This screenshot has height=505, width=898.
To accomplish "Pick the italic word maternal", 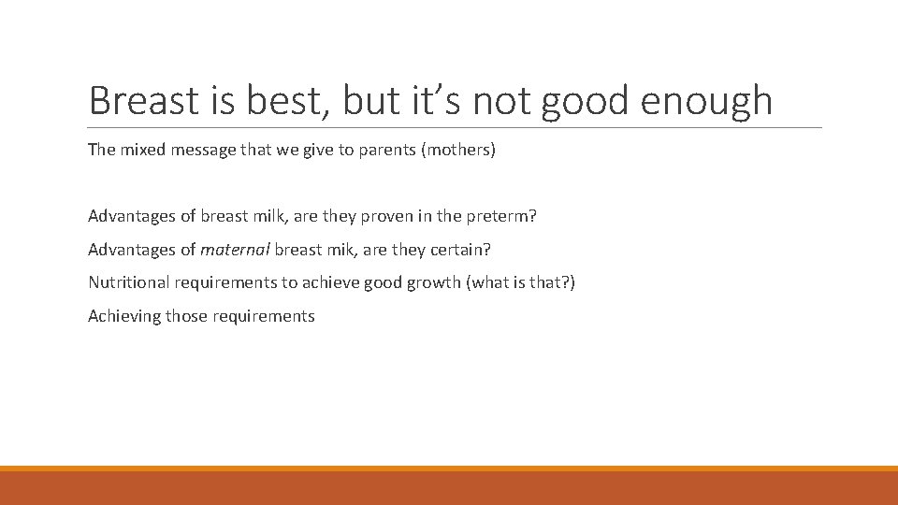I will pos(235,250).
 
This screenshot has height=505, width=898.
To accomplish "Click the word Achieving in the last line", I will pos(124,316).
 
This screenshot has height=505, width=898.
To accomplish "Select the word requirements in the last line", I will pos(264,316).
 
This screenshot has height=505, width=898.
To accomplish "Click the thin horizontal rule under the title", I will pos(455,128).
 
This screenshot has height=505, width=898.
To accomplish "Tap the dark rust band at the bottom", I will pos(449,488).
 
